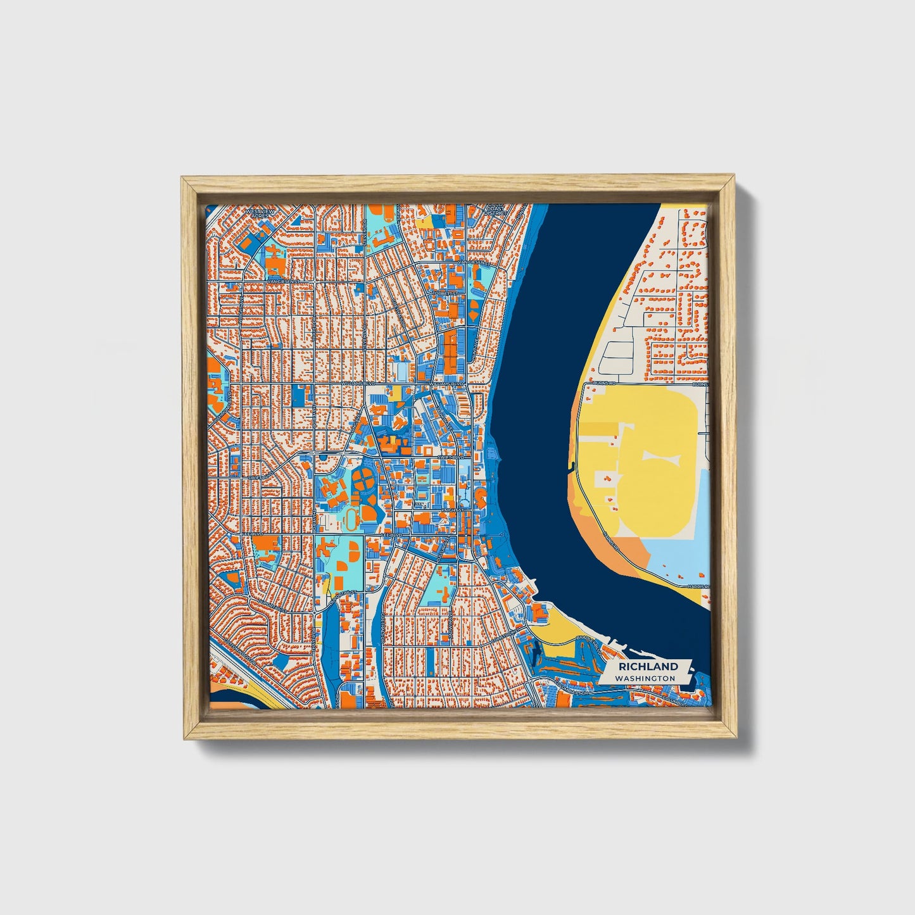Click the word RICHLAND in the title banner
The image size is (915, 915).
pos(648,666)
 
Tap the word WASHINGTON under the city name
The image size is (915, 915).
pos(648,678)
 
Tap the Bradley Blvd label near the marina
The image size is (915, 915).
pos(590,641)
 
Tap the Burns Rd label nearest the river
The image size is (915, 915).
pos(605,384)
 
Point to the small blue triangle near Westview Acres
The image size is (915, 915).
pos(294,219)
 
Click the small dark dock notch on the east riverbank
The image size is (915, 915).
pos(572,469)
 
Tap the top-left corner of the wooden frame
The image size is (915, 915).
pos(182,179)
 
